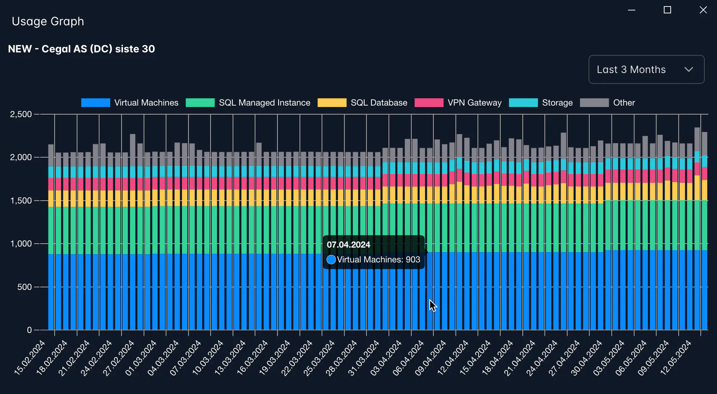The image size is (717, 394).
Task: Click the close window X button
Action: click(x=703, y=10)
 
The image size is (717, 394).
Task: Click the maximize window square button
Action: click(x=667, y=10)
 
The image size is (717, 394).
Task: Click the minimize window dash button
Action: click(x=632, y=10)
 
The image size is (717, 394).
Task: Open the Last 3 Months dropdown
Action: click(x=646, y=69)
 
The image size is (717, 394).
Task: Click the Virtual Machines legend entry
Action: click(x=130, y=103)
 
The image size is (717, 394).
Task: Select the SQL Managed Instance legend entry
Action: click(x=248, y=103)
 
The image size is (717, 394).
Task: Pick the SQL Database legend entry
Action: click(x=362, y=103)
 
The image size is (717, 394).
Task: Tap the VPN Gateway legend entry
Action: click(x=458, y=103)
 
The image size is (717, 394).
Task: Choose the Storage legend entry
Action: click(x=541, y=103)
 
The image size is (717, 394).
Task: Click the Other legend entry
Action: click(x=607, y=103)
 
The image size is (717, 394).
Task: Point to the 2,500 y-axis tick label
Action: click(x=21, y=114)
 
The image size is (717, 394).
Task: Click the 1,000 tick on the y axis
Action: click(x=21, y=244)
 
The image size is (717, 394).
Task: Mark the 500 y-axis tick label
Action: click(x=25, y=287)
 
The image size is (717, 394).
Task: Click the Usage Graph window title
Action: click(x=48, y=21)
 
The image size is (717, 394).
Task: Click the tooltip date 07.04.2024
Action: click(x=348, y=245)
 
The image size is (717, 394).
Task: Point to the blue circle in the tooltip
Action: click(x=331, y=260)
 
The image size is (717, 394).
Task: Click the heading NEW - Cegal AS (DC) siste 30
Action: click(x=81, y=49)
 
